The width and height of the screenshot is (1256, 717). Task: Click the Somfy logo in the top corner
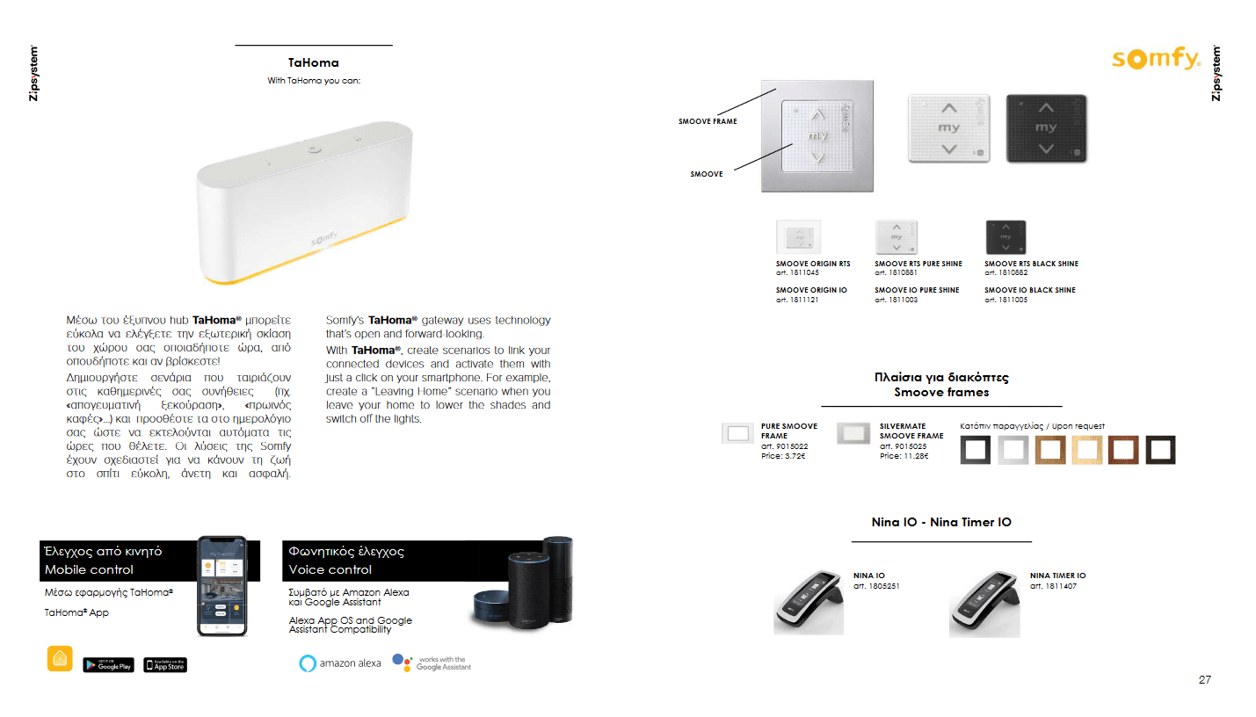pos(1156,59)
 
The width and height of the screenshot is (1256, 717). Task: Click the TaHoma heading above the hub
pos(313,62)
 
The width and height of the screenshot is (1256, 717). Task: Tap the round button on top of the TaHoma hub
pos(312,149)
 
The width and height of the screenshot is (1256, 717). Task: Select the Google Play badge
pos(108,665)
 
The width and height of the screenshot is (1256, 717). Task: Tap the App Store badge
pos(165,665)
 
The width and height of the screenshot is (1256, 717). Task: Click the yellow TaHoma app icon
pos(60,658)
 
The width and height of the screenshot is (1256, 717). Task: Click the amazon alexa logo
pos(340,663)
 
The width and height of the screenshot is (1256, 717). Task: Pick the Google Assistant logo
pos(432,663)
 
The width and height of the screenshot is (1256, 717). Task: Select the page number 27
pos(1204,679)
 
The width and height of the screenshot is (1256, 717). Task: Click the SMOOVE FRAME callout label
pos(708,121)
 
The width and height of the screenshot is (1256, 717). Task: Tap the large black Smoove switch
pos(1046,128)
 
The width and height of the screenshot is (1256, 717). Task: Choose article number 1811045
pos(797,273)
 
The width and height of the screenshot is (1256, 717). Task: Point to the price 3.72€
pos(783,456)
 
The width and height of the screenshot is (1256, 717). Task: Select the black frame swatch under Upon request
pos(976,450)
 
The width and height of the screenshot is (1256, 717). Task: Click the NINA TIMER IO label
pos(1057,576)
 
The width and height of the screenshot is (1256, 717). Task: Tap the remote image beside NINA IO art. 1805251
pos(809,601)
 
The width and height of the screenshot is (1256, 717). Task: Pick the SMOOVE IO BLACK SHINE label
pos(1029,290)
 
